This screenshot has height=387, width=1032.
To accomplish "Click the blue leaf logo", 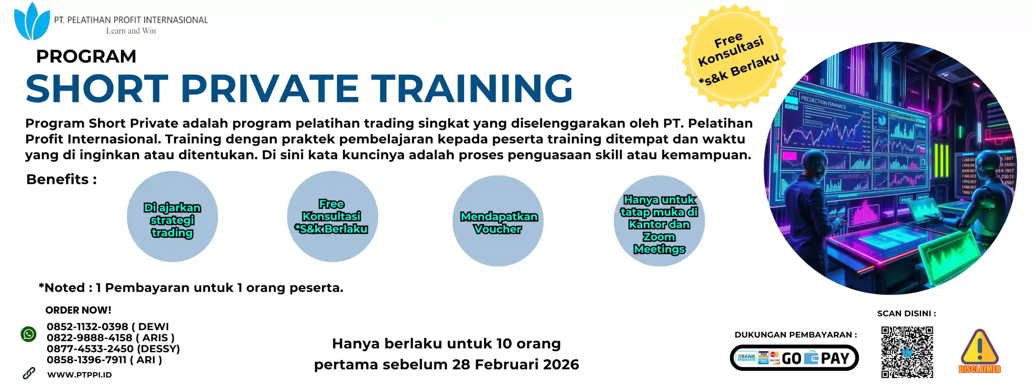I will (31, 22).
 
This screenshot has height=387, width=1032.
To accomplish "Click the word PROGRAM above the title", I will (86, 56).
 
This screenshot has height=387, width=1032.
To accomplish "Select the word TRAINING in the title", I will (472, 88).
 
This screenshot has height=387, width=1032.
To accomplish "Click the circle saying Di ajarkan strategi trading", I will (172, 217).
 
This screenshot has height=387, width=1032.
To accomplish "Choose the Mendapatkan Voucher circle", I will (498, 221).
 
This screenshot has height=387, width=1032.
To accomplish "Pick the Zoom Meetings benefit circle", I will (659, 221).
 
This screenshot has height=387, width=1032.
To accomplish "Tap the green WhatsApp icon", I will (29, 334).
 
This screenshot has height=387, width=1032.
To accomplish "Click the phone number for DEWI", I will (87, 327).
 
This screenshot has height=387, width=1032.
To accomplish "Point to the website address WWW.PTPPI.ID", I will (79, 375).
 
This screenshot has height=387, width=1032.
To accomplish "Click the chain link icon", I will (29, 374).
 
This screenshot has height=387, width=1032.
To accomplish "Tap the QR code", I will (907, 352).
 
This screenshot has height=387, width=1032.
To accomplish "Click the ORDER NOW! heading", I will (78, 310).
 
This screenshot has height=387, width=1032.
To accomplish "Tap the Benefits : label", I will (61, 179).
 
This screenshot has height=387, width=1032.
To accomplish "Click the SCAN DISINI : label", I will (907, 314).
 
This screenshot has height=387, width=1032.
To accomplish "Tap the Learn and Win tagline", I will (131, 31).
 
